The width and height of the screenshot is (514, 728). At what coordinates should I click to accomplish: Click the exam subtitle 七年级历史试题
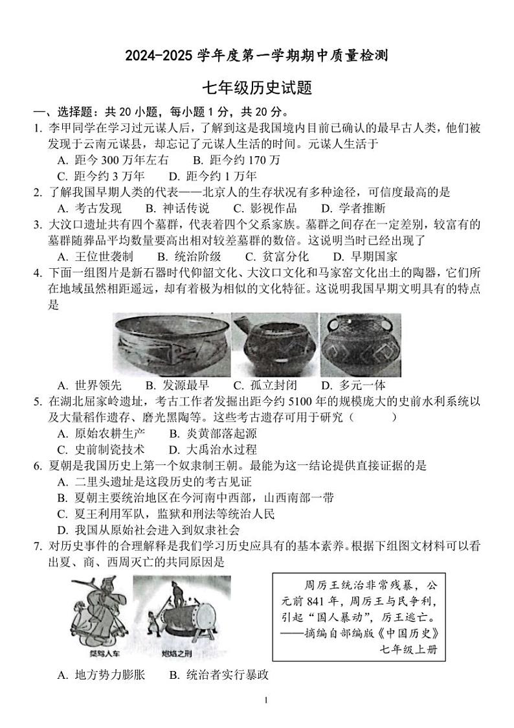coord(258,88)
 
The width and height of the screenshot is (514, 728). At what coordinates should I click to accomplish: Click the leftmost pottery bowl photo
coord(172,344)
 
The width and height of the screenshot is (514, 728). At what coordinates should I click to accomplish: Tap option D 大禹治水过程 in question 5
coord(213,450)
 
